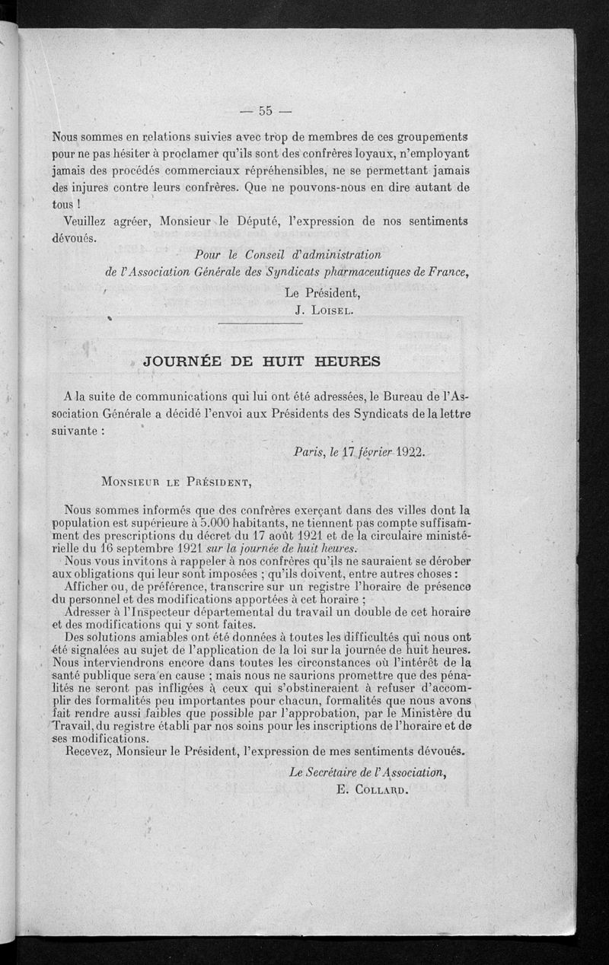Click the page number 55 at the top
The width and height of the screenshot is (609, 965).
tap(266, 111)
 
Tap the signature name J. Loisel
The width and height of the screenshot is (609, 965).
tap(323, 310)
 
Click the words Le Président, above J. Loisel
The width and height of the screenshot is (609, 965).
tap(322, 291)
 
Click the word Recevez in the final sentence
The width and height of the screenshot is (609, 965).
tap(91, 751)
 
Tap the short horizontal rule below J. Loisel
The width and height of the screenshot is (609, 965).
tap(255, 325)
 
